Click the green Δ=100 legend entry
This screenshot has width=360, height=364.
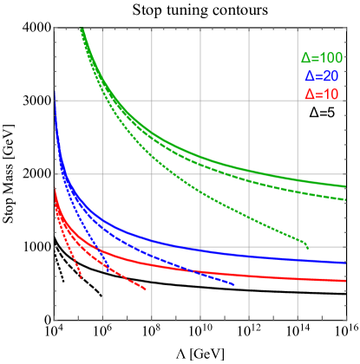coord(321,58)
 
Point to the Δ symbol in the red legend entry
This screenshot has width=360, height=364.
coord(308,93)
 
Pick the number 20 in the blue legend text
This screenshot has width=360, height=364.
coord(327,75)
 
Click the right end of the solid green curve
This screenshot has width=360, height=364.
coord(346,186)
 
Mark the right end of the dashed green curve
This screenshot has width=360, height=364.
coord(346,200)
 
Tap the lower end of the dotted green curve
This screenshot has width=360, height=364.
coord(309,249)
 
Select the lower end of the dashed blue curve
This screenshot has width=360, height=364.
coord(234,285)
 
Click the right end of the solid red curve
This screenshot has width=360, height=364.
coord(346,281)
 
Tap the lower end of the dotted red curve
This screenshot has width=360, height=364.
coord(82,277)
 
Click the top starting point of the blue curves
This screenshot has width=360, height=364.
coord(55,102)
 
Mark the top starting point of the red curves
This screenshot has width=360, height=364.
coord(55,187)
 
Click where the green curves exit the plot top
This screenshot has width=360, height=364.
coord(81,29)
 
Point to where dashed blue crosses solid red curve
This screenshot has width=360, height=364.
coord(192,272)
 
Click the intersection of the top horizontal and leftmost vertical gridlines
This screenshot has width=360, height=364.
coord(102,101)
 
